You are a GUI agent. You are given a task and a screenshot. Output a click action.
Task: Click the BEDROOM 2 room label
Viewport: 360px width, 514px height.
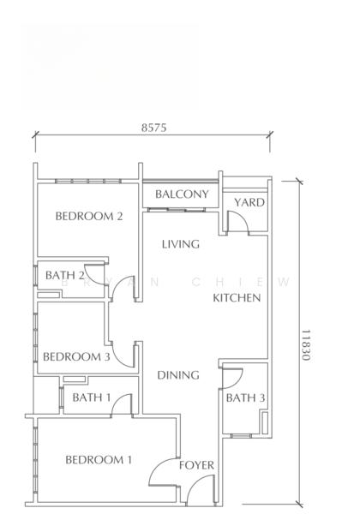[x=89, y=217]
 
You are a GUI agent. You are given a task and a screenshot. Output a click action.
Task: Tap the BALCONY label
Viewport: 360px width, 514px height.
[x=182, y=194]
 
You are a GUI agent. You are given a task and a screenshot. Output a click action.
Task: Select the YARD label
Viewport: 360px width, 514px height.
[x=249, y=202]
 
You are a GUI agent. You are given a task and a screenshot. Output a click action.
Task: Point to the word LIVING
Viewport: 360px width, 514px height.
[x=181, y=244]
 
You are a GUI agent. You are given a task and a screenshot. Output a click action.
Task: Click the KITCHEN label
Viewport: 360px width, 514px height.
[x=237, y=298]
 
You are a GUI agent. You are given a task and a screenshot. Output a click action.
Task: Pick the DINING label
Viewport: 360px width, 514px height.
[x=178, y=375]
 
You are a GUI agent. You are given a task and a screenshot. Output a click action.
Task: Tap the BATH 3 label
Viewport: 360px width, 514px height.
[x=245, y=398]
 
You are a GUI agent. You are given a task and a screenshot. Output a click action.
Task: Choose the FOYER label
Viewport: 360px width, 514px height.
[x=196, y=465]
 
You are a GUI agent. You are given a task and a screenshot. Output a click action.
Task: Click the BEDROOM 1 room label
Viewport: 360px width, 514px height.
[x=99, y=460]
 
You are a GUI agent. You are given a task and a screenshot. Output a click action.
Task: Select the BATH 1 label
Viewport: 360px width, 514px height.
[x=92, y=397]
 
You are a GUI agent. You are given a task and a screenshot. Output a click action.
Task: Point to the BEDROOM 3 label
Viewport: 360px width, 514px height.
[x=76, y=356]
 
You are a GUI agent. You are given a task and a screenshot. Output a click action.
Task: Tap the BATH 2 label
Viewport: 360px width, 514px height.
[x=65, y=275]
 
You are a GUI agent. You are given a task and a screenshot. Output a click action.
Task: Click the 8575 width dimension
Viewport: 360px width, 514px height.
[x=153, y=128]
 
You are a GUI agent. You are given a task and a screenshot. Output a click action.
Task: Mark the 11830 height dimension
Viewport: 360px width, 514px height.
[x=306, y=345]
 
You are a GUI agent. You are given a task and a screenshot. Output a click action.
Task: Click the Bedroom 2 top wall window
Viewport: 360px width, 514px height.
[x=88, y=181]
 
